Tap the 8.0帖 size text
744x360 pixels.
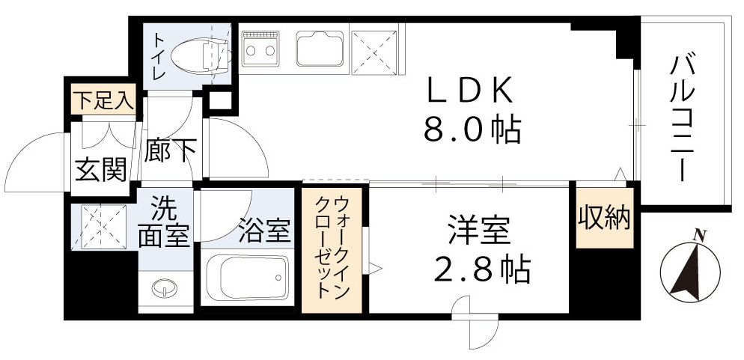click(472, 130)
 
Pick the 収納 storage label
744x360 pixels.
click(604, 218)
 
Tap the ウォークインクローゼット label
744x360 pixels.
click(332, 248)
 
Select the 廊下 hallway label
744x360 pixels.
click(171, 150)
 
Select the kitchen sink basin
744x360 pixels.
click(320, 48)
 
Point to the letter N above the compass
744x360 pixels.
click(701, 235)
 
